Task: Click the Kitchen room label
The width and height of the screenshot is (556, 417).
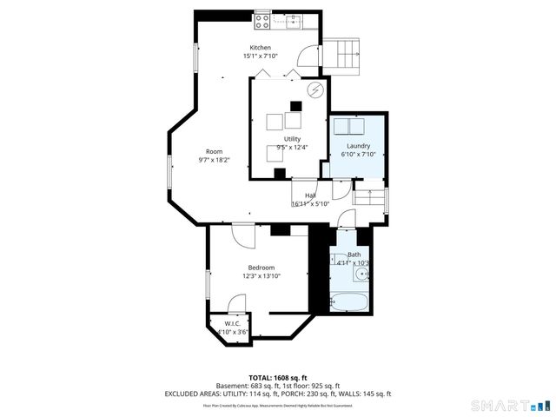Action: point(261,48)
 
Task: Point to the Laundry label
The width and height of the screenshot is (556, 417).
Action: point(359,146)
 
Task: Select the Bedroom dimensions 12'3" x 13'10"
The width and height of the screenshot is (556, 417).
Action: point(261,276)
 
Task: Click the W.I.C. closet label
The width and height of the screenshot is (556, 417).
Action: point(232,323)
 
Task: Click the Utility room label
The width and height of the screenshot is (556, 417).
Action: point(293,139)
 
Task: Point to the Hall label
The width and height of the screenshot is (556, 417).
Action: point(310,195)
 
